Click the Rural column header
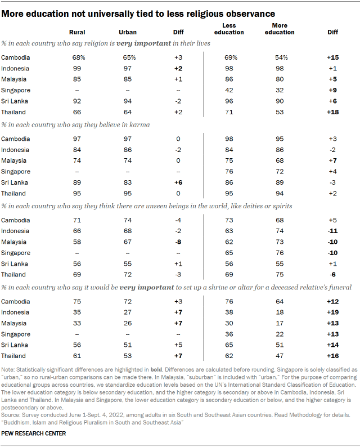click(76, 32)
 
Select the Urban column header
click(128, 32)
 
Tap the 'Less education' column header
click(229, 29)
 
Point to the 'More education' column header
click(280, 29)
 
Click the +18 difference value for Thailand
click(333, 112)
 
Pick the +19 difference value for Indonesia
click(333, 312)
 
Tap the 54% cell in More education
click(280, 58)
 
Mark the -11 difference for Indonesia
click(333, 231)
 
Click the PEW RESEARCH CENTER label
click(34, 433)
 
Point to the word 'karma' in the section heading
click(139, 125)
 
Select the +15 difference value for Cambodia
click(333, 58)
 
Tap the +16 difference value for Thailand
click(333, 356)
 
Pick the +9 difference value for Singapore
click(333, 90)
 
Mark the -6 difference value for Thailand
click(333, 275)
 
